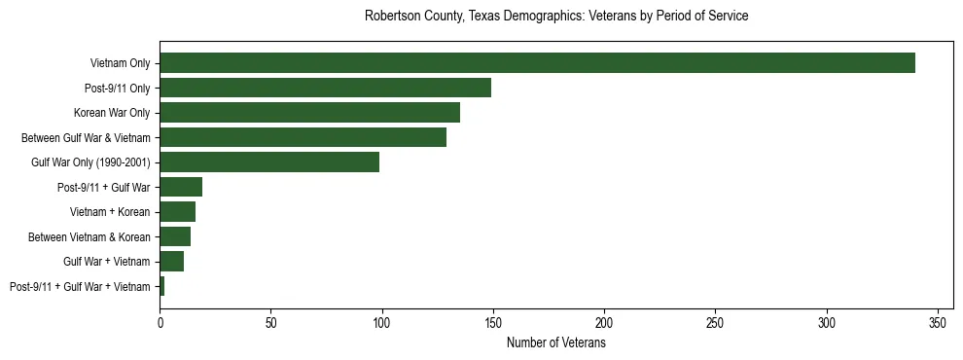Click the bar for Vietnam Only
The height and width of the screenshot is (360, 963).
537,63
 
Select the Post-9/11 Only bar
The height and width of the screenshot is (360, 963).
325,88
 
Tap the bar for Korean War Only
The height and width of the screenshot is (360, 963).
309,113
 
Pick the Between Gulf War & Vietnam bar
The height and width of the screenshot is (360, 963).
303,137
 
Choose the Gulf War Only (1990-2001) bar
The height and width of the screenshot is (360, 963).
269,162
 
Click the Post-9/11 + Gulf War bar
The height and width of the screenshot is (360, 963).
181,187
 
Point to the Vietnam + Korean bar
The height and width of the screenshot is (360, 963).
177,212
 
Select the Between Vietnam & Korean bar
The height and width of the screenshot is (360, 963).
175,236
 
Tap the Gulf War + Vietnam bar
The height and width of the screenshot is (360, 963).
171,262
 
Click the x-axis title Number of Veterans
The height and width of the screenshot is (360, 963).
555,343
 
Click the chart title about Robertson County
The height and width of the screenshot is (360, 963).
555,17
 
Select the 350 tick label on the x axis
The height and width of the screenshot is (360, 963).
938,321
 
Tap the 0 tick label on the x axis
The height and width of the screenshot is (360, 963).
160,321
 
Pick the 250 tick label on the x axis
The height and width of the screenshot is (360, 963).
716,321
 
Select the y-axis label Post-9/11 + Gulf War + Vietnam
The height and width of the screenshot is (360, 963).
80,287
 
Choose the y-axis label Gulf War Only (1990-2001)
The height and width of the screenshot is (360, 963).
90,162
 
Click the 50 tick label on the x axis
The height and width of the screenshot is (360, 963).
270,321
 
